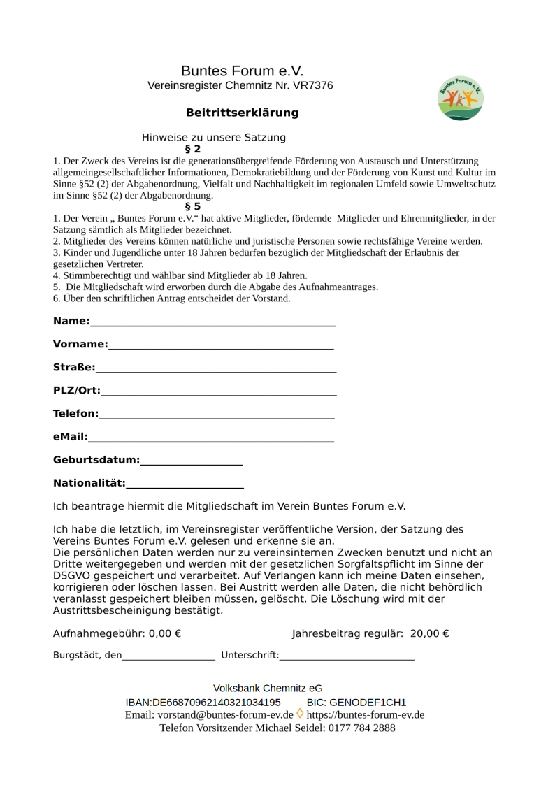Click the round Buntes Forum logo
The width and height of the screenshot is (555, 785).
[461, 99]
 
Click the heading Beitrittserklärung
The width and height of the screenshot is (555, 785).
[242, 113]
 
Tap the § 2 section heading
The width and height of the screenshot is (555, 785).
[192, 149]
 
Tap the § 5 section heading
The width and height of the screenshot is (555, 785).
[192, 206]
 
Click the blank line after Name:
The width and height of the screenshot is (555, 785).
[213, 324]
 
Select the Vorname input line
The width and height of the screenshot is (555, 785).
[221, 347]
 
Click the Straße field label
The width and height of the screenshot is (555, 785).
[73, 368]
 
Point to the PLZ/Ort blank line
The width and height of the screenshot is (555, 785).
[218, 394]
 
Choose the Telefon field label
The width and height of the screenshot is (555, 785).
[75, 414]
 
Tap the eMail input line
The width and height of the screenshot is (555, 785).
[211, 440]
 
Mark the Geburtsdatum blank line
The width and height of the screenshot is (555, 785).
[191, 463]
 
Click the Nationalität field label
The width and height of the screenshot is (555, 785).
[89, 483]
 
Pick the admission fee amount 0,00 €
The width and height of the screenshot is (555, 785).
[165, 634]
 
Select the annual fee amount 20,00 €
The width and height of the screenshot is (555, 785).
[429, 634]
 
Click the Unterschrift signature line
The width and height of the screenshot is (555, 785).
[347, 658]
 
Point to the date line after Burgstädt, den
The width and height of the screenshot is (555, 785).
[168, 658]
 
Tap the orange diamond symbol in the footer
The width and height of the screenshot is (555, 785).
[300, 714]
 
